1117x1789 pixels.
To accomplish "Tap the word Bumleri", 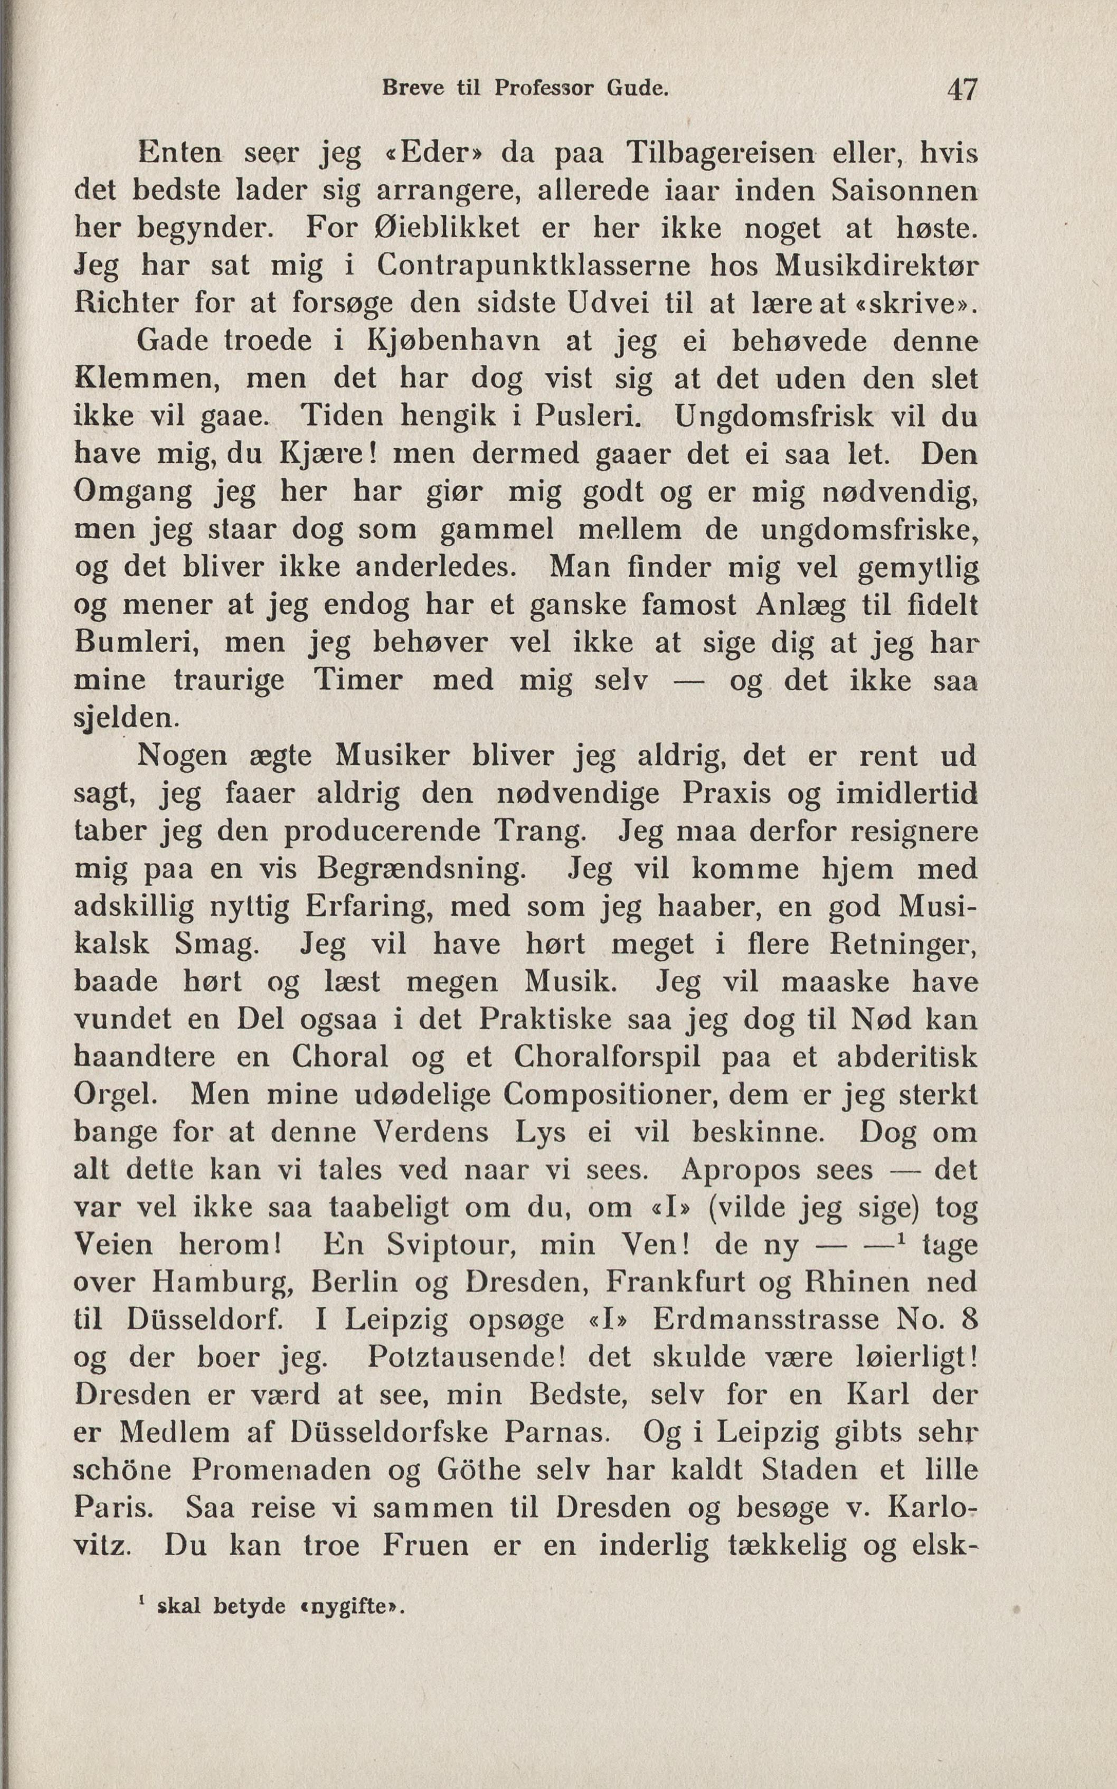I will pos(137,642).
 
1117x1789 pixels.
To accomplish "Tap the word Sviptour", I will pos(450,1246).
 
